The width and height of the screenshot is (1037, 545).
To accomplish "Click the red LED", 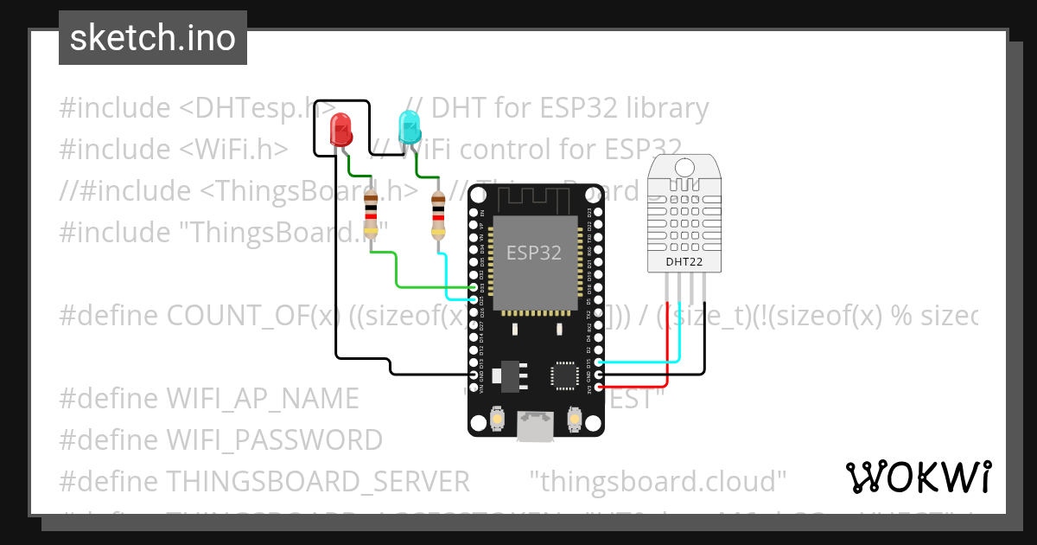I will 341,131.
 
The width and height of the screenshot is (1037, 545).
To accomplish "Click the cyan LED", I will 408,128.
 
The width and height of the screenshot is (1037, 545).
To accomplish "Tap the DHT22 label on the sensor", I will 684,260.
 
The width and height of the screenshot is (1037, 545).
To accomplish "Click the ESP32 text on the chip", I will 533,253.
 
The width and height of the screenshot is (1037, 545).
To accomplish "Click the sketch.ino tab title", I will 153,38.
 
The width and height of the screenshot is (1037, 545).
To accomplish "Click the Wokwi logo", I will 918,477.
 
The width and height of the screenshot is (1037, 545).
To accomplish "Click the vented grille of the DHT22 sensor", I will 684,212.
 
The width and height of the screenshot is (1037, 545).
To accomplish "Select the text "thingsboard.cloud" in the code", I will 658,480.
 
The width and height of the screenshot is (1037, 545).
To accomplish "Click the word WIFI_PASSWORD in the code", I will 274,439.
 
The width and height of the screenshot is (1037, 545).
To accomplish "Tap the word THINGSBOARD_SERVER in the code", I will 318,480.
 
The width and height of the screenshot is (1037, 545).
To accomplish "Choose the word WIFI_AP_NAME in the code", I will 262,398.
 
